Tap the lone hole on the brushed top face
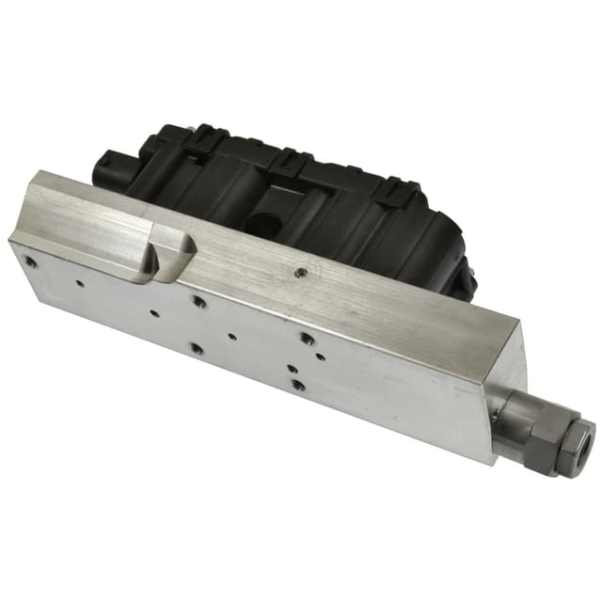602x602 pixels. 300,274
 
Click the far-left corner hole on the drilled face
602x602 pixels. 31,262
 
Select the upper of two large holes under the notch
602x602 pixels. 198,302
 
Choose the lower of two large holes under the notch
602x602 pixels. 196,348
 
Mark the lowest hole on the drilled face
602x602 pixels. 297,385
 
